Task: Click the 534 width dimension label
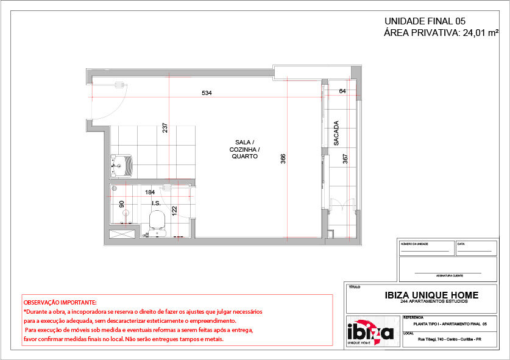click(207, 93)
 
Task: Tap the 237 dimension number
click(165, 128)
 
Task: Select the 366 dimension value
click(283, 158)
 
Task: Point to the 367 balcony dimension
click(345, 158)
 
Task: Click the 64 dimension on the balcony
click(342, 91)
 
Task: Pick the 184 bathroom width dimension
click(149, 192)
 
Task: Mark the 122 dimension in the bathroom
click(174, 211)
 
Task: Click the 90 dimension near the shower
click(121, 205)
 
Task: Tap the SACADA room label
click(336, 133)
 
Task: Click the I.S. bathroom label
click(156, 203)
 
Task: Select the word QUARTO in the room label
click(244, 157)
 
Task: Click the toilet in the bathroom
click(157, 220)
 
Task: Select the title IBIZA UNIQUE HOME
click(431, 295)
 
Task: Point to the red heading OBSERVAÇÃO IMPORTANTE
click(60, 302)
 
